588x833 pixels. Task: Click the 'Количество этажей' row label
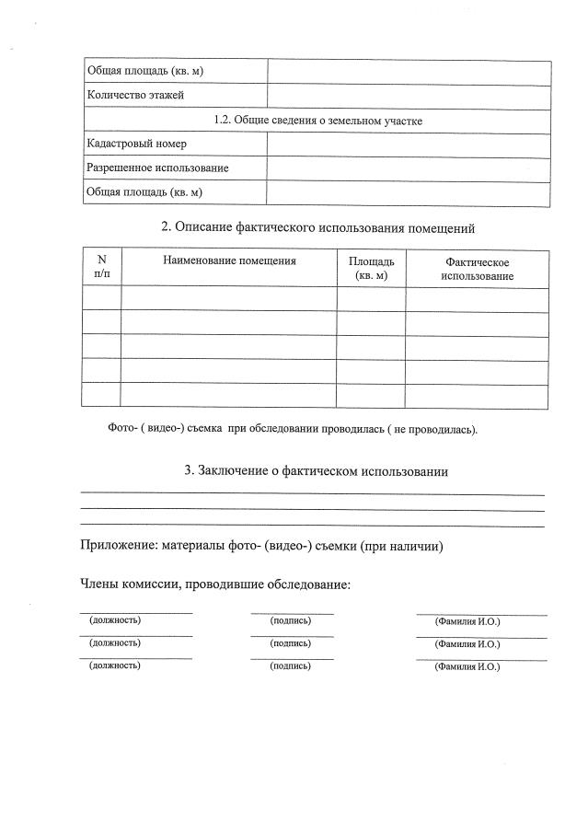135,96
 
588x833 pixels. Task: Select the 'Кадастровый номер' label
136,145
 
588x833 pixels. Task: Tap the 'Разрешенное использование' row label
157,168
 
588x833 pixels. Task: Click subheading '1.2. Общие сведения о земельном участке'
317,121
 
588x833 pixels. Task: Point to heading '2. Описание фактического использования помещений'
317,226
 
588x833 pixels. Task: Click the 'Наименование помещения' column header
229,261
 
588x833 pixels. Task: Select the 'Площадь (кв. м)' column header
371,269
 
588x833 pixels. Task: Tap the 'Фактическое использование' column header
477,269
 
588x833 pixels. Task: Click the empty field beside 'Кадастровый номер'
409,145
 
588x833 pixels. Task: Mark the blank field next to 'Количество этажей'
409,96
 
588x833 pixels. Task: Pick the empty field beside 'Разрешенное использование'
409,168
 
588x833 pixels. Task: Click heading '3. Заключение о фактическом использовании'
317,471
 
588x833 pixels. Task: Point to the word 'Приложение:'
119,546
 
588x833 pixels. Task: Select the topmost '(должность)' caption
115,620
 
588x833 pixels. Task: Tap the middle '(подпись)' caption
290,642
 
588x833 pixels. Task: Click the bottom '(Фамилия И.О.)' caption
467,666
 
